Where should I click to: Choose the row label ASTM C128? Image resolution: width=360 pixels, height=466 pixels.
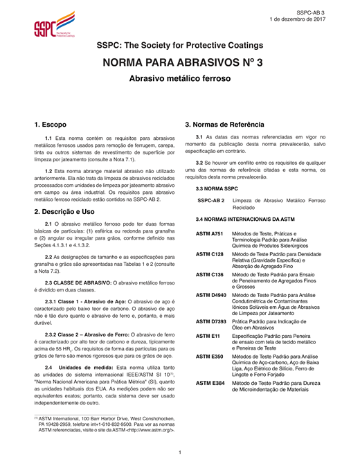[209, 254]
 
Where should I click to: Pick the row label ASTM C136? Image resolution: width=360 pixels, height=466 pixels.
[209, 274]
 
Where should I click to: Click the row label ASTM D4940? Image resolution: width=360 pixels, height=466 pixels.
[211, 295]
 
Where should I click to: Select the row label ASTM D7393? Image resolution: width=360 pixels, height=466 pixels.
[211, 321]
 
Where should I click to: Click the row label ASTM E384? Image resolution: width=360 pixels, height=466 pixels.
[209, 382]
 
